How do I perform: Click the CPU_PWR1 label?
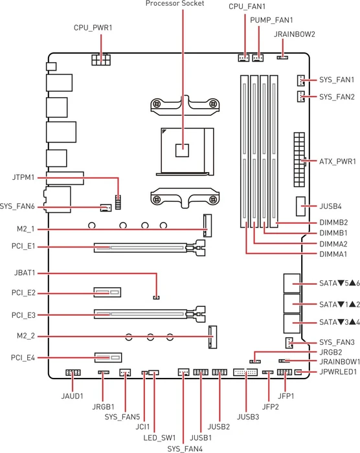[x=93, y=28]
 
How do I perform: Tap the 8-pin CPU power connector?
[x=101, y=60]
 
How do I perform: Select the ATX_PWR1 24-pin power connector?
[x=300, y=159]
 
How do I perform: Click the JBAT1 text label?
[x=25, y=272]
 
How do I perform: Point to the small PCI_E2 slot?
[x=107, y=293]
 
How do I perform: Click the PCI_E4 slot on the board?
[x=108, y=358]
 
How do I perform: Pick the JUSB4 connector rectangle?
[x=300, y=206]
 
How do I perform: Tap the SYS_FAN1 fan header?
[x=300, y=80]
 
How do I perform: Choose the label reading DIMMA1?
[x=333, y=254]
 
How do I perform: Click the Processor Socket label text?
[x=175, y=3]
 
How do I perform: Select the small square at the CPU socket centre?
[x=183, y=150]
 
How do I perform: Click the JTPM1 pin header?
[x=118, y=202]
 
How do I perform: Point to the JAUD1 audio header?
[x=73, y=372]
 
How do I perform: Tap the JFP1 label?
[x=286, y=396]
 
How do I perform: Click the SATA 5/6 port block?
[x=292, y=283]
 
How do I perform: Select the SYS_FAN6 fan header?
[x=106, y=208]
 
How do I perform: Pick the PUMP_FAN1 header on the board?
[x=258, y=58]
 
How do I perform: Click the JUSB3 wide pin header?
[x=245, y=372]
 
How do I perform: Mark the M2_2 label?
[x=26, y=336]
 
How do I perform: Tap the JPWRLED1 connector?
[x=298, y=372]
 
